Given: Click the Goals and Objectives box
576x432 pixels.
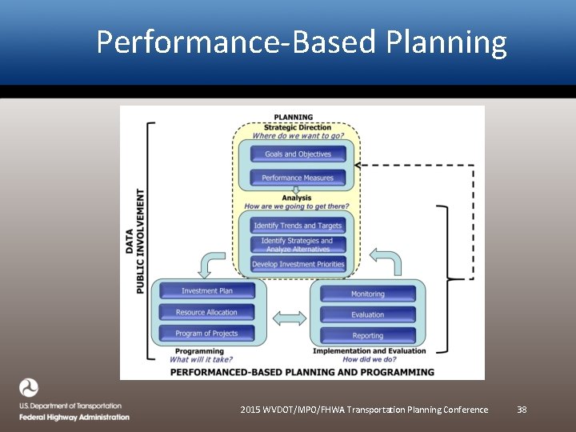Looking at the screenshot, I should [298, 154].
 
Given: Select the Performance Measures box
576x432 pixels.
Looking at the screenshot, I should [298, 178].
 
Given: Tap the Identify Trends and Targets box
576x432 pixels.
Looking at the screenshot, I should [298, 226].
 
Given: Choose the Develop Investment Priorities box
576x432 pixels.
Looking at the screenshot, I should [298, 264].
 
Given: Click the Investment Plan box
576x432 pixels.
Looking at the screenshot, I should [207, 291].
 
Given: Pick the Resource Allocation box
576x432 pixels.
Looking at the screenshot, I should [207, 312].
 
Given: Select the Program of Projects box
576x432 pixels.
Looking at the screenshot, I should [207, 333].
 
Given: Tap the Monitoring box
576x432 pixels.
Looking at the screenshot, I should [368, 294].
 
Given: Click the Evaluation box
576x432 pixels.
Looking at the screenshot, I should [368, 314].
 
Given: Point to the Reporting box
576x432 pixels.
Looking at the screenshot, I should [368, 335].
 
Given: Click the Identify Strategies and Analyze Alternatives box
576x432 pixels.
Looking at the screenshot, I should [298, 245].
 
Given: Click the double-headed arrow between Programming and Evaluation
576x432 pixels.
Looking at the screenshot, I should [289, 318].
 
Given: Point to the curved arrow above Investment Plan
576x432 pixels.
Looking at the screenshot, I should [213, 263].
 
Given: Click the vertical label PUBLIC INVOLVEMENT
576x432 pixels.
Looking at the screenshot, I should [141, 241].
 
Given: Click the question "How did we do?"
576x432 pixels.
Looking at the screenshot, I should [369, 360].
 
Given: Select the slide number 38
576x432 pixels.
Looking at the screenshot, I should [522, 410].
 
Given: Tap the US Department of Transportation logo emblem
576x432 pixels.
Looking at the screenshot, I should [29, 389].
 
